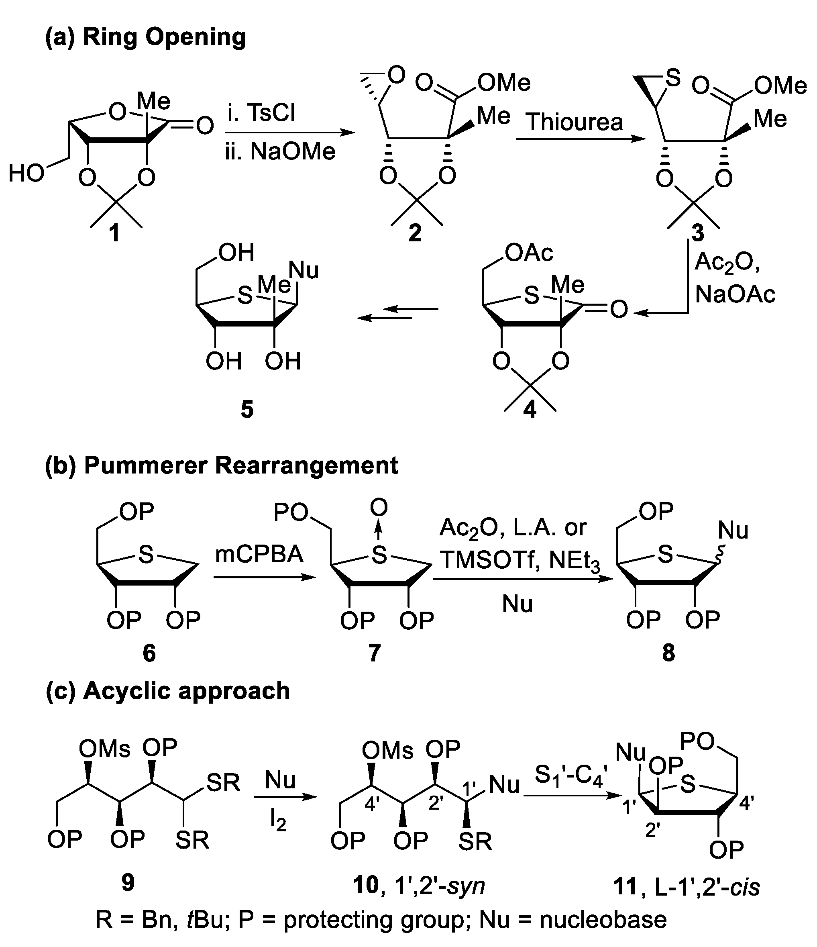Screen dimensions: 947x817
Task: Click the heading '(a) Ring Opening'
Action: [145, 37]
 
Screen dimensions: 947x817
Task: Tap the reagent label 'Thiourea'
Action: [575, 122]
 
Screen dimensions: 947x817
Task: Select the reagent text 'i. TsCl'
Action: [261, 112]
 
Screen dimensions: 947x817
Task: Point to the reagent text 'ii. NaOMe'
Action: [280, 151]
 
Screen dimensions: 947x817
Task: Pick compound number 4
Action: [530, 410]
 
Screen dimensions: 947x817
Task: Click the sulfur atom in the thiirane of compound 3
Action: [672, 78]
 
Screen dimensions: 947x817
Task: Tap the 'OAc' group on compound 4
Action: [529, 252]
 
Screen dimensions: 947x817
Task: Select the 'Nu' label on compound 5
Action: [304, 270]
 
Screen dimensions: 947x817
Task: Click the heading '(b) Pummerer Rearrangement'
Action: [222, 466]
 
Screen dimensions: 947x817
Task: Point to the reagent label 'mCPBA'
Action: [259, 554]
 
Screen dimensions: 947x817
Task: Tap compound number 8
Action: [668, 653]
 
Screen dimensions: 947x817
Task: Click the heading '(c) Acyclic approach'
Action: [168, 691]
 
